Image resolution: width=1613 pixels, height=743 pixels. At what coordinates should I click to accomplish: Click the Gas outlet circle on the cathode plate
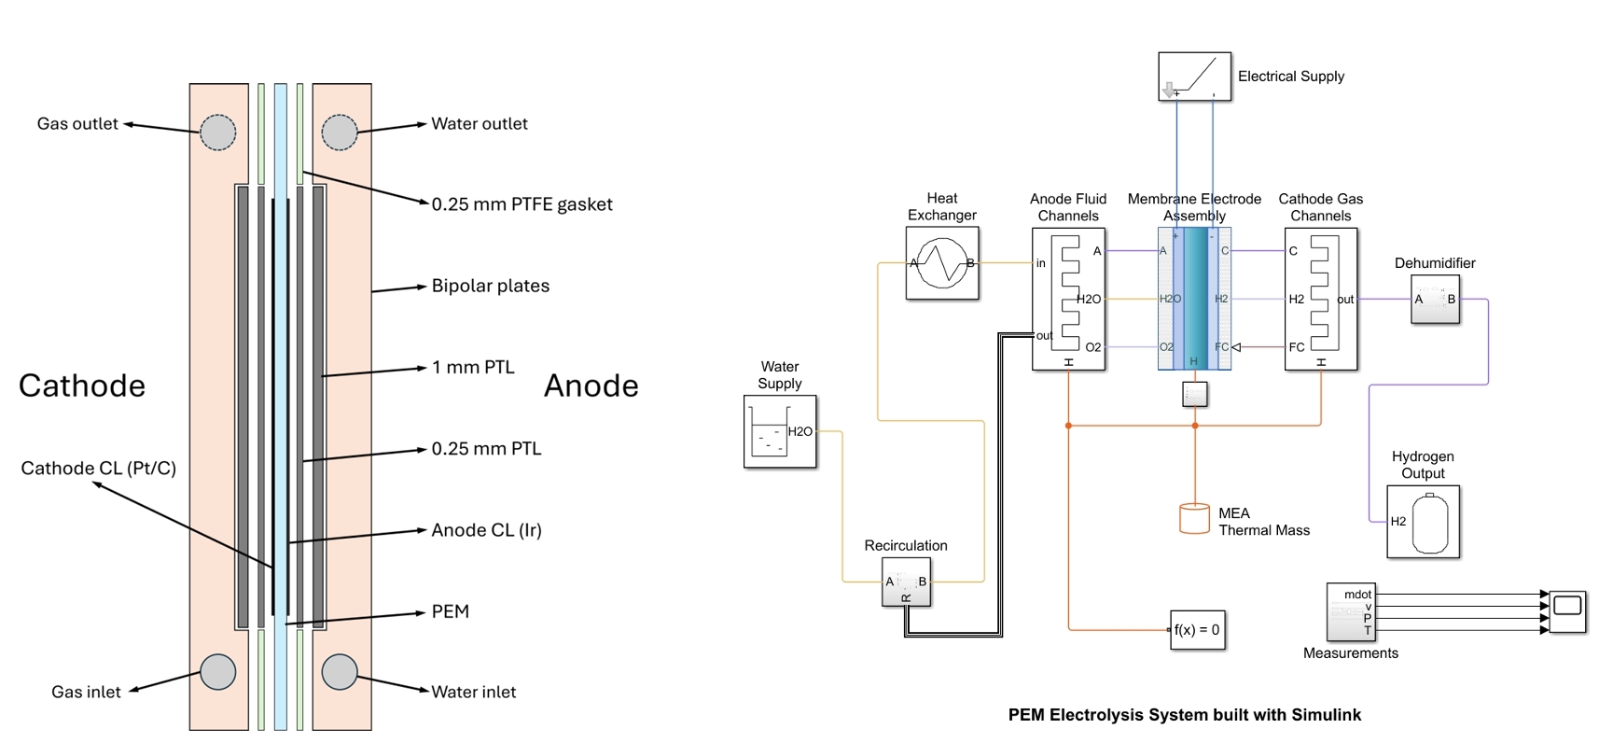click(218, 133)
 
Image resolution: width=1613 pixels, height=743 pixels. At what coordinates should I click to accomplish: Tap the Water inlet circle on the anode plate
click(340, 672)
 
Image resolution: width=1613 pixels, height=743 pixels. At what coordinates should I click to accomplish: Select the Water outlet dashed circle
click(340, 133)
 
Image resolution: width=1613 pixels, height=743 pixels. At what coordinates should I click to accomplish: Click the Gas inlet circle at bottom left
click(218, 672)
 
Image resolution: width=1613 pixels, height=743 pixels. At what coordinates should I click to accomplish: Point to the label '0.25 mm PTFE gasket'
click(521, 204)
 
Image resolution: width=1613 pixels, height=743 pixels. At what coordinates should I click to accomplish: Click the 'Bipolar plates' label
click(490, 286)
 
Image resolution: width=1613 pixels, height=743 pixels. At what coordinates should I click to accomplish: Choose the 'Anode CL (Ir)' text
click(486, 530)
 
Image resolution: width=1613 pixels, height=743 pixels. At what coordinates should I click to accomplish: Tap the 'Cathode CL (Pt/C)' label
click(98, 468)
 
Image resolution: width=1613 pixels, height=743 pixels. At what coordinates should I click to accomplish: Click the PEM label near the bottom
click(450, 611)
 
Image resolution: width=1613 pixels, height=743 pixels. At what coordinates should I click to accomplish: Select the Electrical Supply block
click(1194, 77)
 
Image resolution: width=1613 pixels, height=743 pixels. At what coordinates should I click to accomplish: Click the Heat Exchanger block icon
click(942, 263)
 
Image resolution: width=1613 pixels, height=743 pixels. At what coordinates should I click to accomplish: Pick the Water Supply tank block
click(780, 431)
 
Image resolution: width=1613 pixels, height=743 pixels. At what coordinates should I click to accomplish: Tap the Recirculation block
click(906, 582)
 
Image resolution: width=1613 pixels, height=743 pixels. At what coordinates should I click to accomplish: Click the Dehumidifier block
click(1435, 300)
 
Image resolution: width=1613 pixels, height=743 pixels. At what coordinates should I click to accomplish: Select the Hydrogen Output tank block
click(1423, 522)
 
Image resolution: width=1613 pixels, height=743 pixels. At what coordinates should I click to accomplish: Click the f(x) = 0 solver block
click(1197, 630)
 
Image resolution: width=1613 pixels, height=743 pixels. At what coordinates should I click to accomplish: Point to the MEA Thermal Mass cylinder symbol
click(1194, 519)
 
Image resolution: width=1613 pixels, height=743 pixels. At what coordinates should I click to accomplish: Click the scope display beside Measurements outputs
click(1567, 611)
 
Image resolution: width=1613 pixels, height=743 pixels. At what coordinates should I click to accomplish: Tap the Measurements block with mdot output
click(1350, 611)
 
